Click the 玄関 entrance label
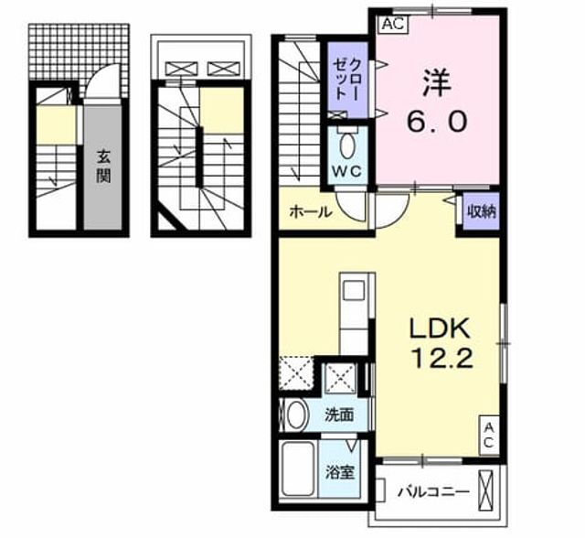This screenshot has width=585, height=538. click(103, 167)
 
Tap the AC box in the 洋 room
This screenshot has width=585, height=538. click(394, 25)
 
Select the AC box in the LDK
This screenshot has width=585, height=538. click(489, 436)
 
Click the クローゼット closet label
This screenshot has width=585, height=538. click(346, 81)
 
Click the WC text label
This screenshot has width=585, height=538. click(347, 172)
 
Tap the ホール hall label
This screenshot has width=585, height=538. click(311, 212)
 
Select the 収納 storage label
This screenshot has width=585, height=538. click(482, 211)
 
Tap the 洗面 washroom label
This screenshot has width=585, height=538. click(339, 415)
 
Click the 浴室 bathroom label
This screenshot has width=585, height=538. click(339, 473)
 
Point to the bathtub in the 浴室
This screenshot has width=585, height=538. click(298, 469)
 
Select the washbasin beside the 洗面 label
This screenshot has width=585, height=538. click(296, 415)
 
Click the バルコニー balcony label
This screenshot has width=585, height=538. click(433, 492)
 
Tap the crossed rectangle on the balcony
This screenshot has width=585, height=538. click(486, 490)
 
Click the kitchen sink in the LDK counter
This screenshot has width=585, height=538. click(354, 290)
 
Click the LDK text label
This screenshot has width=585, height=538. click(439, 328)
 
